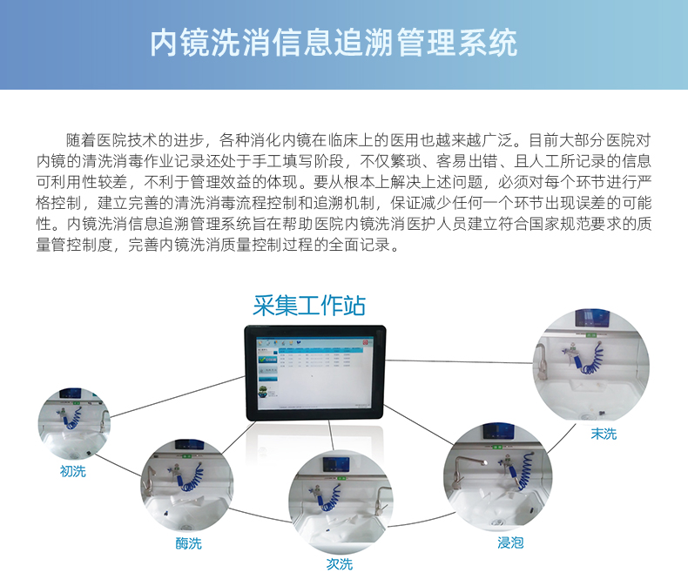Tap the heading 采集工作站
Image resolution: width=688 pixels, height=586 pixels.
point(309,306)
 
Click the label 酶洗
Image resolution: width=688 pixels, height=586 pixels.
point(188,543)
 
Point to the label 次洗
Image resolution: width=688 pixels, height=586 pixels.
point(340,564)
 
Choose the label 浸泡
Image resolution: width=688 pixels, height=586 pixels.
point(510,542)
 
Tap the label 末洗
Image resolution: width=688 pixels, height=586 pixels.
point(604,433)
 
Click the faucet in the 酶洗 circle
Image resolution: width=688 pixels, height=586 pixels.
point(150,484)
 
